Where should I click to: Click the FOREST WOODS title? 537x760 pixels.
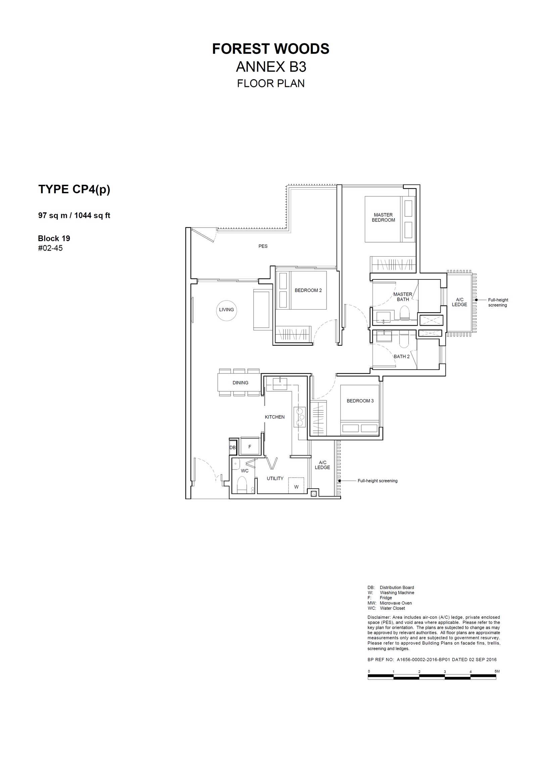(271, 49)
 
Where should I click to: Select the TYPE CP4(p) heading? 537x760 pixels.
(74, 189)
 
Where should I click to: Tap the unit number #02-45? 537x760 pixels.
(50, 248)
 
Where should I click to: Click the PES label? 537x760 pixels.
(263, 246)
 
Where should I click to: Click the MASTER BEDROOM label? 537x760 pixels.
(383, 217)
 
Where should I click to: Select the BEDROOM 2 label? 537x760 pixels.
(308, 290)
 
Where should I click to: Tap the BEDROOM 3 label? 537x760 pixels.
(360, 401)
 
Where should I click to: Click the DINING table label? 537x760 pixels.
(240, 383)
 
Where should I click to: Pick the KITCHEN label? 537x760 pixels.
(275, 417)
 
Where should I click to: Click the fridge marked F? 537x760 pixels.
(250, 446)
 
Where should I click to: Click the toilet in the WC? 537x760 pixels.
(242, 485)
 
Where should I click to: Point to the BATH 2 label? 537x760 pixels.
(401, 357)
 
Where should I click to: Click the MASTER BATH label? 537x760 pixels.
(403, 297)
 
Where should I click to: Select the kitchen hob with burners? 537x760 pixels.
(300, 417)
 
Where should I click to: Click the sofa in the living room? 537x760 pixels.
(263, 310)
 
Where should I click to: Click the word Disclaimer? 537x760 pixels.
(379, 617)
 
